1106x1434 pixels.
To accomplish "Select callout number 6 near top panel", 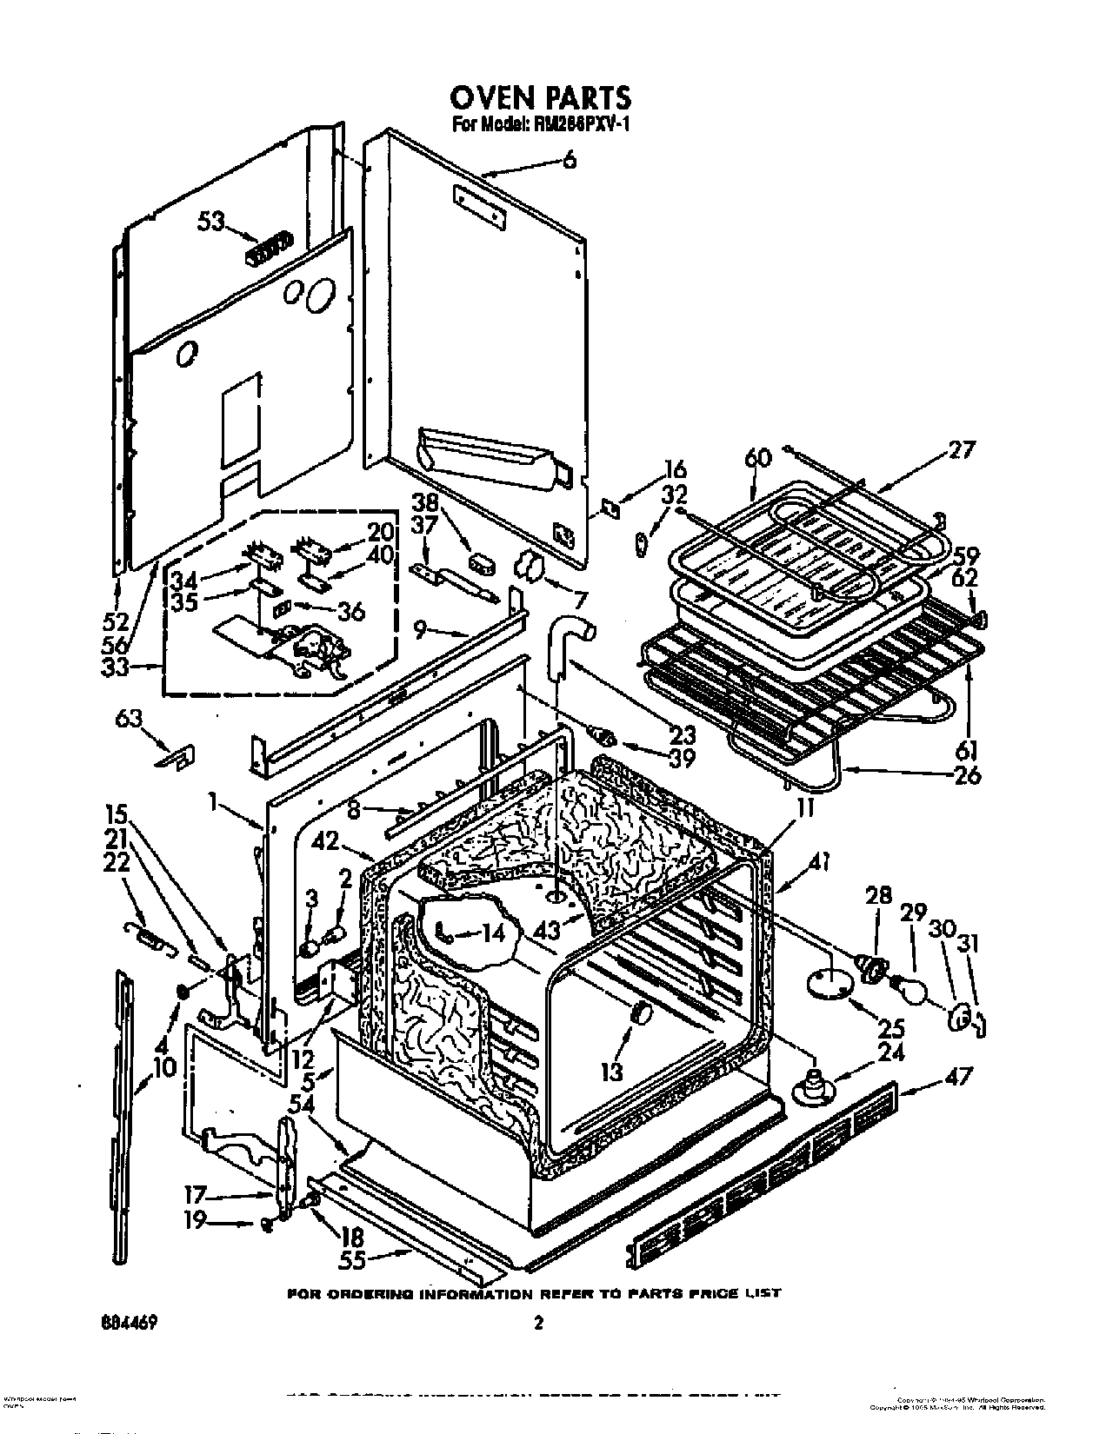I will [x=569, y=160].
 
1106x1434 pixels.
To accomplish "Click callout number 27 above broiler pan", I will [x=963, y=450].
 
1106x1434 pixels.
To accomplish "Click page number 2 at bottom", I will [x=538, y=1324].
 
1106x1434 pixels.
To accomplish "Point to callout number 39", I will [x=683, y=757].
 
